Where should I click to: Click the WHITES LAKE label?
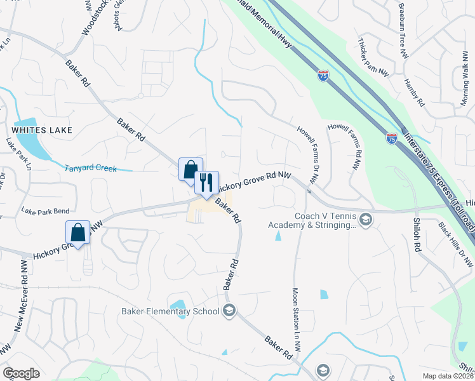point(37,130)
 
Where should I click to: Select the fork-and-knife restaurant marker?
point(206,183)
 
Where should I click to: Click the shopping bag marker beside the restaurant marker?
point(191,170)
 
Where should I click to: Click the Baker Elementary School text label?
point(170,311)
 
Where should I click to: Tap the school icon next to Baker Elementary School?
point(229,311)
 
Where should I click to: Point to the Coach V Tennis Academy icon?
point(365,220)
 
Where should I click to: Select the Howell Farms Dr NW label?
point(307,156)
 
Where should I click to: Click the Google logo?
point(21,373)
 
